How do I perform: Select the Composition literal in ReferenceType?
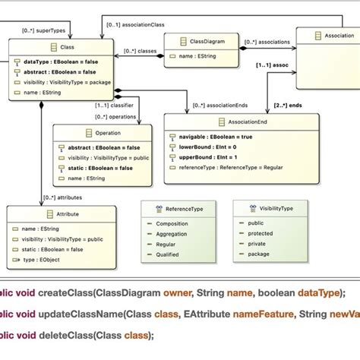pyautogui.click(x=172, y=224)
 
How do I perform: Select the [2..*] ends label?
pyautogui.click(x=287, y=103)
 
